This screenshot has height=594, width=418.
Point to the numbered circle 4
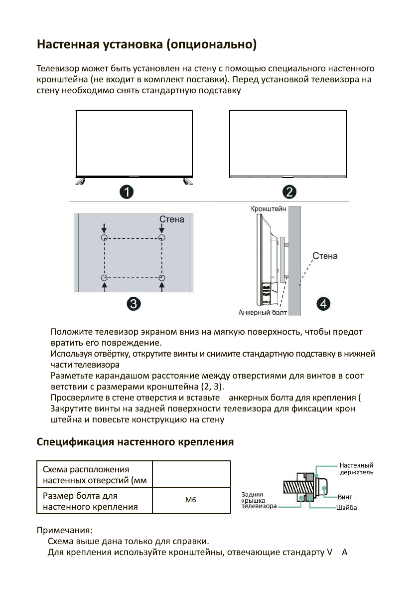[x=324, y=303]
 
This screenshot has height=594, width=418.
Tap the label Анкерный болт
[x=258, y=313]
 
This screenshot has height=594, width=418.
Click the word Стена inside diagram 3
[x=171, y=219]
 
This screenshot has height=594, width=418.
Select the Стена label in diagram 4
[x=325, y=256]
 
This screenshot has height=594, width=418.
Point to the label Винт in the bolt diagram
[x=345, y=497]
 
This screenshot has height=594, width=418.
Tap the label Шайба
[x=347, y=508]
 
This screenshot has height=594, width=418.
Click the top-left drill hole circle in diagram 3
[x=104, y=238]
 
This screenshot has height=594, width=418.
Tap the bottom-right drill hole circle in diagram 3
[x=161, y=278]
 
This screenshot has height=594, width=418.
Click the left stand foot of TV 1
[x=80, y=181]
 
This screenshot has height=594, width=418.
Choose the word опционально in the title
[x=213, y=46]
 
